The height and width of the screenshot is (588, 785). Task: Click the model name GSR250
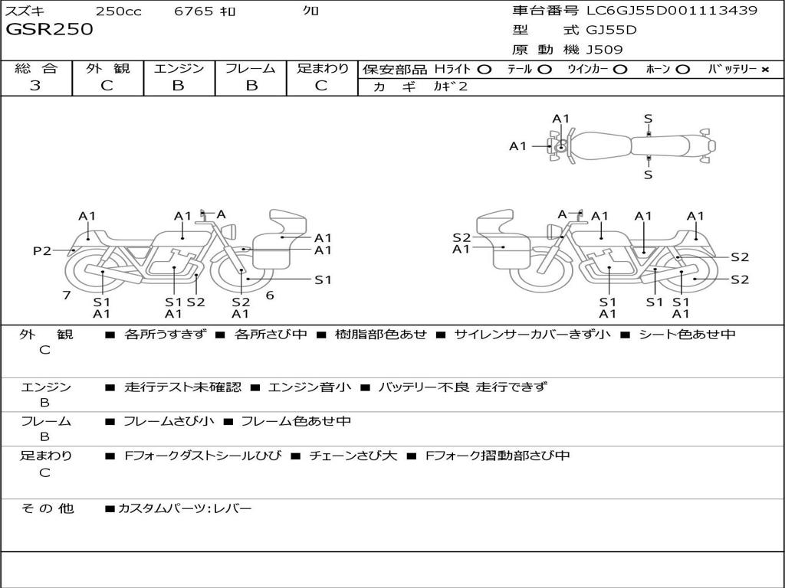pyautogui.click(x=49, y=30)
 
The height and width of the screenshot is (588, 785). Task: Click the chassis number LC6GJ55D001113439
pyautogui.click(x=672, y=11)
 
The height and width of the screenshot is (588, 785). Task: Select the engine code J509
pyautogui.click(x=604, y=50)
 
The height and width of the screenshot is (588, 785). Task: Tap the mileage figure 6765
pyautogui.click(x=193, y=11)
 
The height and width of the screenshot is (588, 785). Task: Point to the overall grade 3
pyautogui.click(x=35, y=86)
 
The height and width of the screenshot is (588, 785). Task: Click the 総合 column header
pyautogui.click(x=36, y=69)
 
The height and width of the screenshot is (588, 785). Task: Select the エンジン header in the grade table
pyautogui.click(x=179, y=69)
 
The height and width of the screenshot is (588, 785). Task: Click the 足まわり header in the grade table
pyautogui.click(x=322, y=69)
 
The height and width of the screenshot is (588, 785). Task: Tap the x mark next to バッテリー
pyautogui.click(x=764, y=70)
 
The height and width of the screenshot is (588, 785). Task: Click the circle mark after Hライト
pyautogui.click(x=484, y=70)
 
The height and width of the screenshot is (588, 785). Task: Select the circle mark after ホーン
pyautogui.click(x=683, y=70)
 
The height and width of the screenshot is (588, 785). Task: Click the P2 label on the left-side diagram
pyautogui.click(x=42, y=250)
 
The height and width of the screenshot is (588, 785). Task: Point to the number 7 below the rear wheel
pyautogui.click(x=67, y=295)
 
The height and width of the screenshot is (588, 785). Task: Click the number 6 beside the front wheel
pyautogui.click(x=270, y=295)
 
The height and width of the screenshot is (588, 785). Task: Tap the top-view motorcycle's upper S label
pyautogui.click(x=648, y=119)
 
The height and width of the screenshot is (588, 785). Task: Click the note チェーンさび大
pyautogui.click(x=353, y=456)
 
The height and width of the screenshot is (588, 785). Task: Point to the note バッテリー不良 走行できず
pyautogui.click(x=463, y=387)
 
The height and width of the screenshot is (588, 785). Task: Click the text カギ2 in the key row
pyautogui.click(x=450, y=87)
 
